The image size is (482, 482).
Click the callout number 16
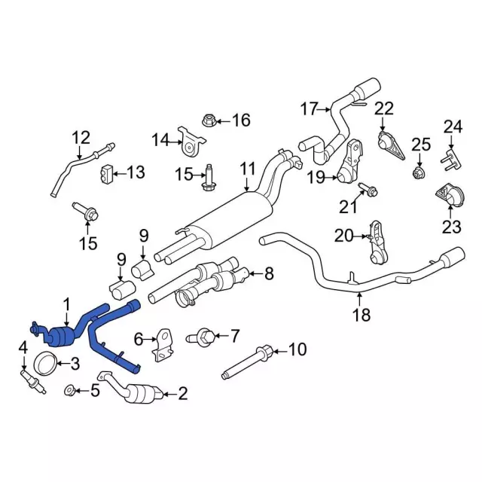[241, 120]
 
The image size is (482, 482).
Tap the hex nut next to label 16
[209, 120]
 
